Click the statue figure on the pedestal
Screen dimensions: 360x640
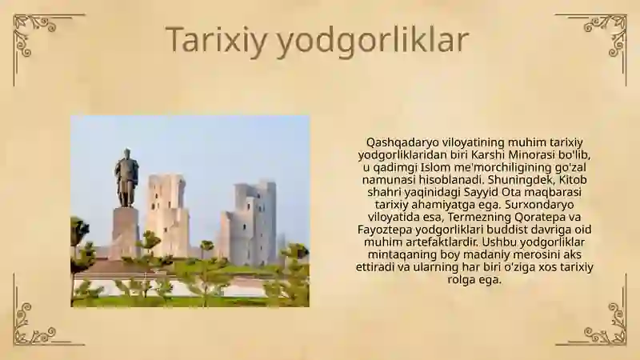pos(126,177)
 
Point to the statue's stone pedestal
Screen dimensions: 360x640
pos(125,232)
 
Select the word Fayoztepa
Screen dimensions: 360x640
pos(384,230)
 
